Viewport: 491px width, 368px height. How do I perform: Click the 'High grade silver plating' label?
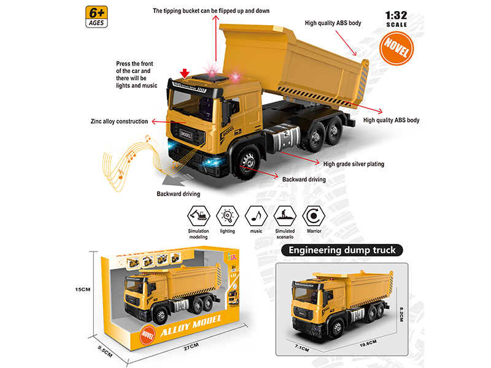pyautogui.click(x=354, y=164)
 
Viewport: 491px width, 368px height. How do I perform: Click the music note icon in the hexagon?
pyautogui.click(x=255, y=215)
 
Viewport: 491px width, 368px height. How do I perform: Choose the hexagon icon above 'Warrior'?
pyautogui.click(x=314, y=215)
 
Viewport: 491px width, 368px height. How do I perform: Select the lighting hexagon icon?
pyautogui.click(x=227, y=215)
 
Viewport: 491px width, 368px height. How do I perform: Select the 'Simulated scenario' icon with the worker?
pyautogui.click(x=285, y=215)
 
